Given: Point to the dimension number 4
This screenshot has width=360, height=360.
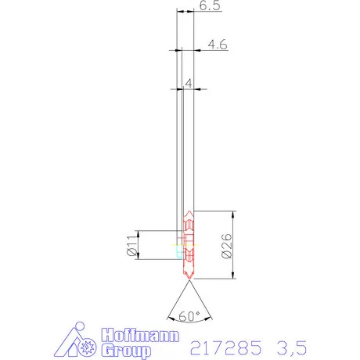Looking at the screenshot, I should point(189,83).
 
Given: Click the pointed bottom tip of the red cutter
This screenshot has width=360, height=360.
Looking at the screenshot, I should point(188,279).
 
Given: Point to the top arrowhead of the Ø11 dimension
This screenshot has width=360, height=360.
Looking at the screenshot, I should point(138,233).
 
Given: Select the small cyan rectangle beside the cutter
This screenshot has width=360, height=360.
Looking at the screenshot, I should point(179,253).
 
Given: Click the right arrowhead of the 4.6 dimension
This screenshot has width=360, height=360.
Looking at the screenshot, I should point(196,51).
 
